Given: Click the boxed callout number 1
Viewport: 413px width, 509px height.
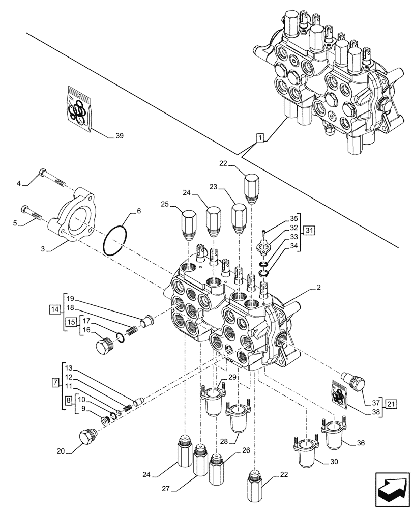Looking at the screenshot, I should (x=260, y=138).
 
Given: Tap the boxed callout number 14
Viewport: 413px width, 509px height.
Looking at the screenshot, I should (x=55, y=309).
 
